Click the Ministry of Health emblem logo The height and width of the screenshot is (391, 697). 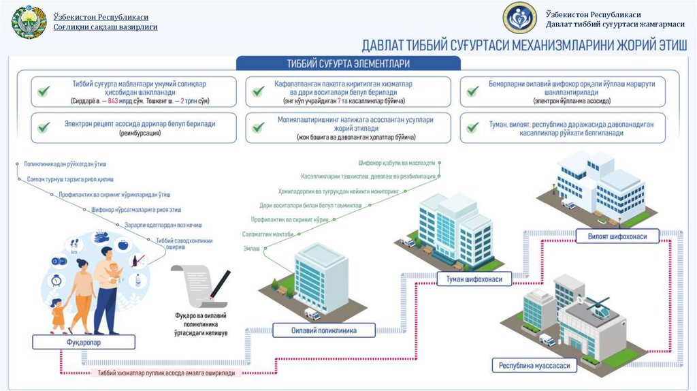point(29,22)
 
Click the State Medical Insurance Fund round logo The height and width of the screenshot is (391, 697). point(519,18)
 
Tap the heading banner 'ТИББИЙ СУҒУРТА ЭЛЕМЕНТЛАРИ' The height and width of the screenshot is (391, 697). point(348,63)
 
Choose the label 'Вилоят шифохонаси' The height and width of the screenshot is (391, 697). point(619,236)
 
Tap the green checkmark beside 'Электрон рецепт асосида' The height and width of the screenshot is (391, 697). point(44,127)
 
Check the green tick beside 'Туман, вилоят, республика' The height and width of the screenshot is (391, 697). point(472,127)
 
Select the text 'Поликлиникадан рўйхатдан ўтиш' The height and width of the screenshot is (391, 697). point(65,164)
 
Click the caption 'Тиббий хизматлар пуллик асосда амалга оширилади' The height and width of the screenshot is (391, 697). point(166,373)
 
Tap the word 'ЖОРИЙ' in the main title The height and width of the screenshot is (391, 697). point(615,46)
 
